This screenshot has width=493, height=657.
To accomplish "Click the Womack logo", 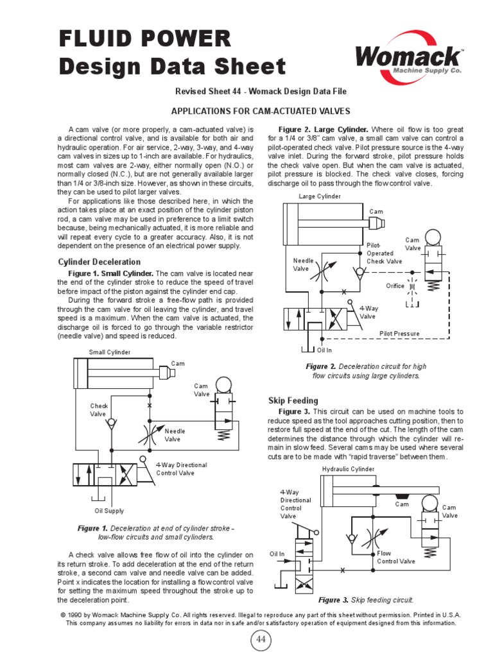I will pyautogui.click(x=409, y=58).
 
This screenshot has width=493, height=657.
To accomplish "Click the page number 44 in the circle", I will pyautogui.click(x=261, y=640).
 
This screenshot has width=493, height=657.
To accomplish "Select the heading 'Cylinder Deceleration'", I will pyautogui.click(x=99, y=262).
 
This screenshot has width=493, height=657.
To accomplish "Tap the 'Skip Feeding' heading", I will pyautogui.click(x=293, y=400).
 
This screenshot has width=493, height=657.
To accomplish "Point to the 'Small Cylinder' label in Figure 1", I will pyautogui.click(x=110, y=352).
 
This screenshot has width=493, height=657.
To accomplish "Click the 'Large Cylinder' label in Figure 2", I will pyautogui.click(x=320, y=196).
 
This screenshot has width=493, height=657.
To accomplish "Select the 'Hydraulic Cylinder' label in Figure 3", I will pyautogui.click(x=347, y=470).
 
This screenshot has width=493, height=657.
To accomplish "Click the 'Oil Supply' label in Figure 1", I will pyautogui.click(x=109, y=511).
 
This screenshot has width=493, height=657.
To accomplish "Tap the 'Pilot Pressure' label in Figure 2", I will pyautogui.click(x=399, y=334).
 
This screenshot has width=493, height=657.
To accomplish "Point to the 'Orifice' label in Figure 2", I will pyautogui.click(x=395, y=286).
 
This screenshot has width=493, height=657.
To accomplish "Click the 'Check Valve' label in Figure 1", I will pyautogui.click(x=99, y=410).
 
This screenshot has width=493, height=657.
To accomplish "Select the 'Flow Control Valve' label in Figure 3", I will pyautogui.click(x=395, y=557).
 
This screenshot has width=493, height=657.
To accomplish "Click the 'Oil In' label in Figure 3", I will pyautogui.click(x=277, y=554).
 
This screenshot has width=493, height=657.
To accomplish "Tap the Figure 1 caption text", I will pyautogui.click(x=156, y=533).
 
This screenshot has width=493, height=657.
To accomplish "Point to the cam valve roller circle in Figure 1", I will pyautogui.click(x=223, y=384).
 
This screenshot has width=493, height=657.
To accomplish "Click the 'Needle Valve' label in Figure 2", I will pyautogui.click(x=302, y=265).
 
